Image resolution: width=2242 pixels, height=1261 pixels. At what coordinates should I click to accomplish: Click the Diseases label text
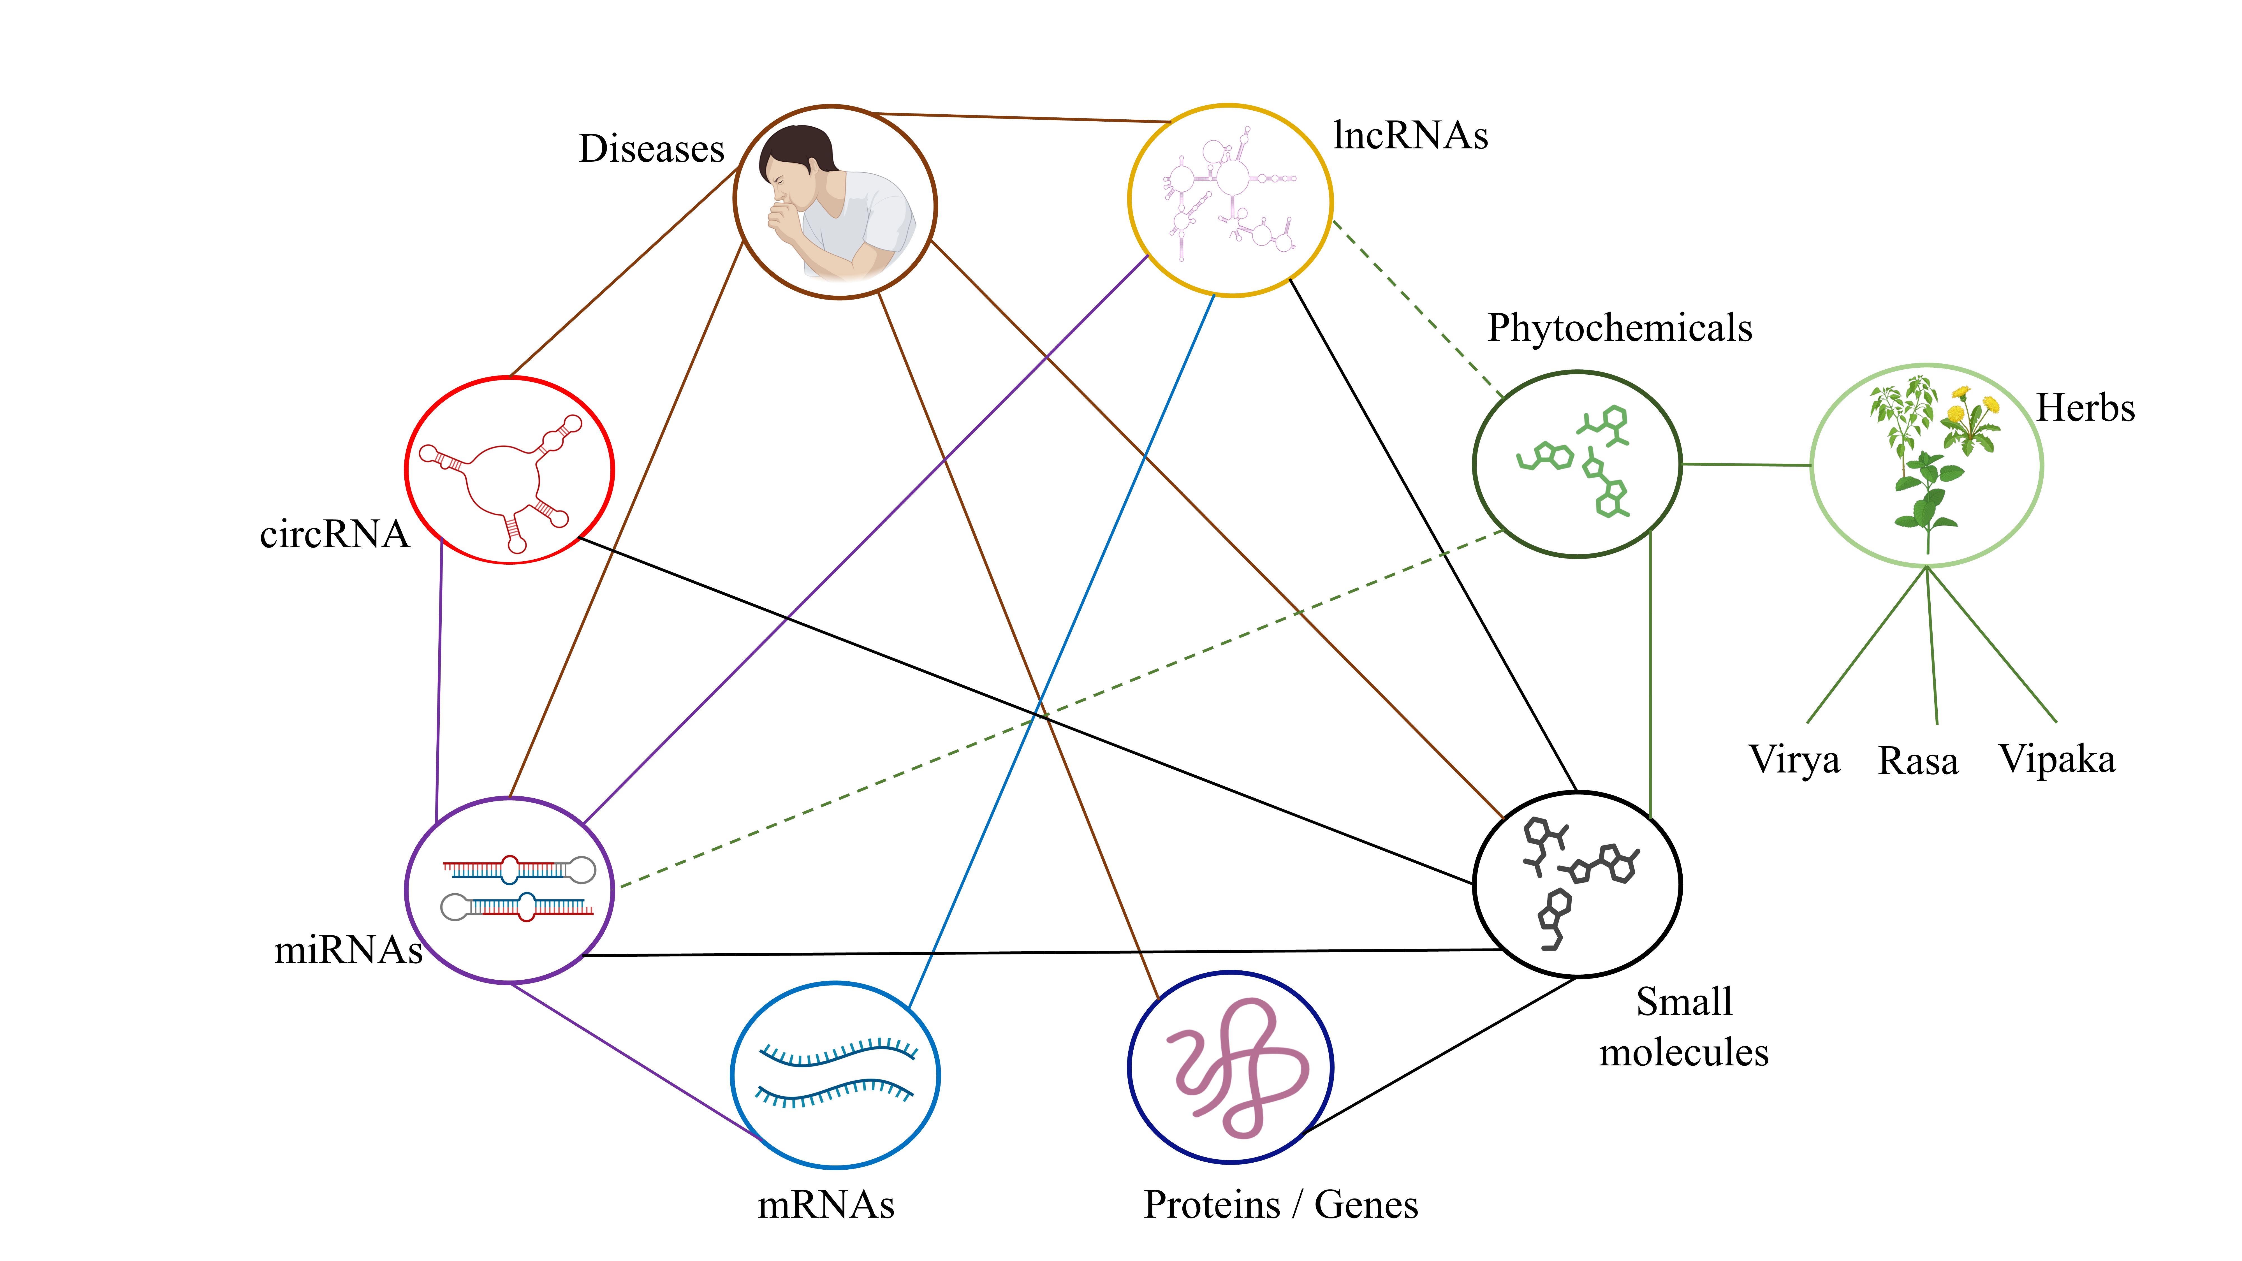pyautogui.click(x=651, y=149)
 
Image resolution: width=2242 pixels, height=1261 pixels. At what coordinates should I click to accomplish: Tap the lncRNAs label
pyautogui.click(x=1410, y=136)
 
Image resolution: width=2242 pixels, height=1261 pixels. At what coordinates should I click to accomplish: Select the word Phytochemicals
pyautogui.click(x=1620, y=328)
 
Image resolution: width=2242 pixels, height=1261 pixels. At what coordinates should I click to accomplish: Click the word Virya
pyautogui.click(x=1795, y=760)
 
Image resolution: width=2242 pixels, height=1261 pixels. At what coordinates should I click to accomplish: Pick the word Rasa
pyautogui.click(x=1918, y=761)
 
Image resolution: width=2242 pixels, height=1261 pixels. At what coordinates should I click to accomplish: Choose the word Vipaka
pyautogui.click(x=2057, y=759)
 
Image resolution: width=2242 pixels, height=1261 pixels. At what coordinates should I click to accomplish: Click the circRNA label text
pyautogui.click(x=334, y=534)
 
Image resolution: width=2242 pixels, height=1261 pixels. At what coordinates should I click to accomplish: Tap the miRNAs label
pyautogui.click(x=348, y=949)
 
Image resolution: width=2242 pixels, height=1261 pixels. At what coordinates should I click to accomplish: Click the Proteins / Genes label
pyautogui.click(x=1280, y=1205)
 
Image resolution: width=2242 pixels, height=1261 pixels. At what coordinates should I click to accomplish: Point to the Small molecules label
pyautogui.click(x=1684, y=1027)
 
